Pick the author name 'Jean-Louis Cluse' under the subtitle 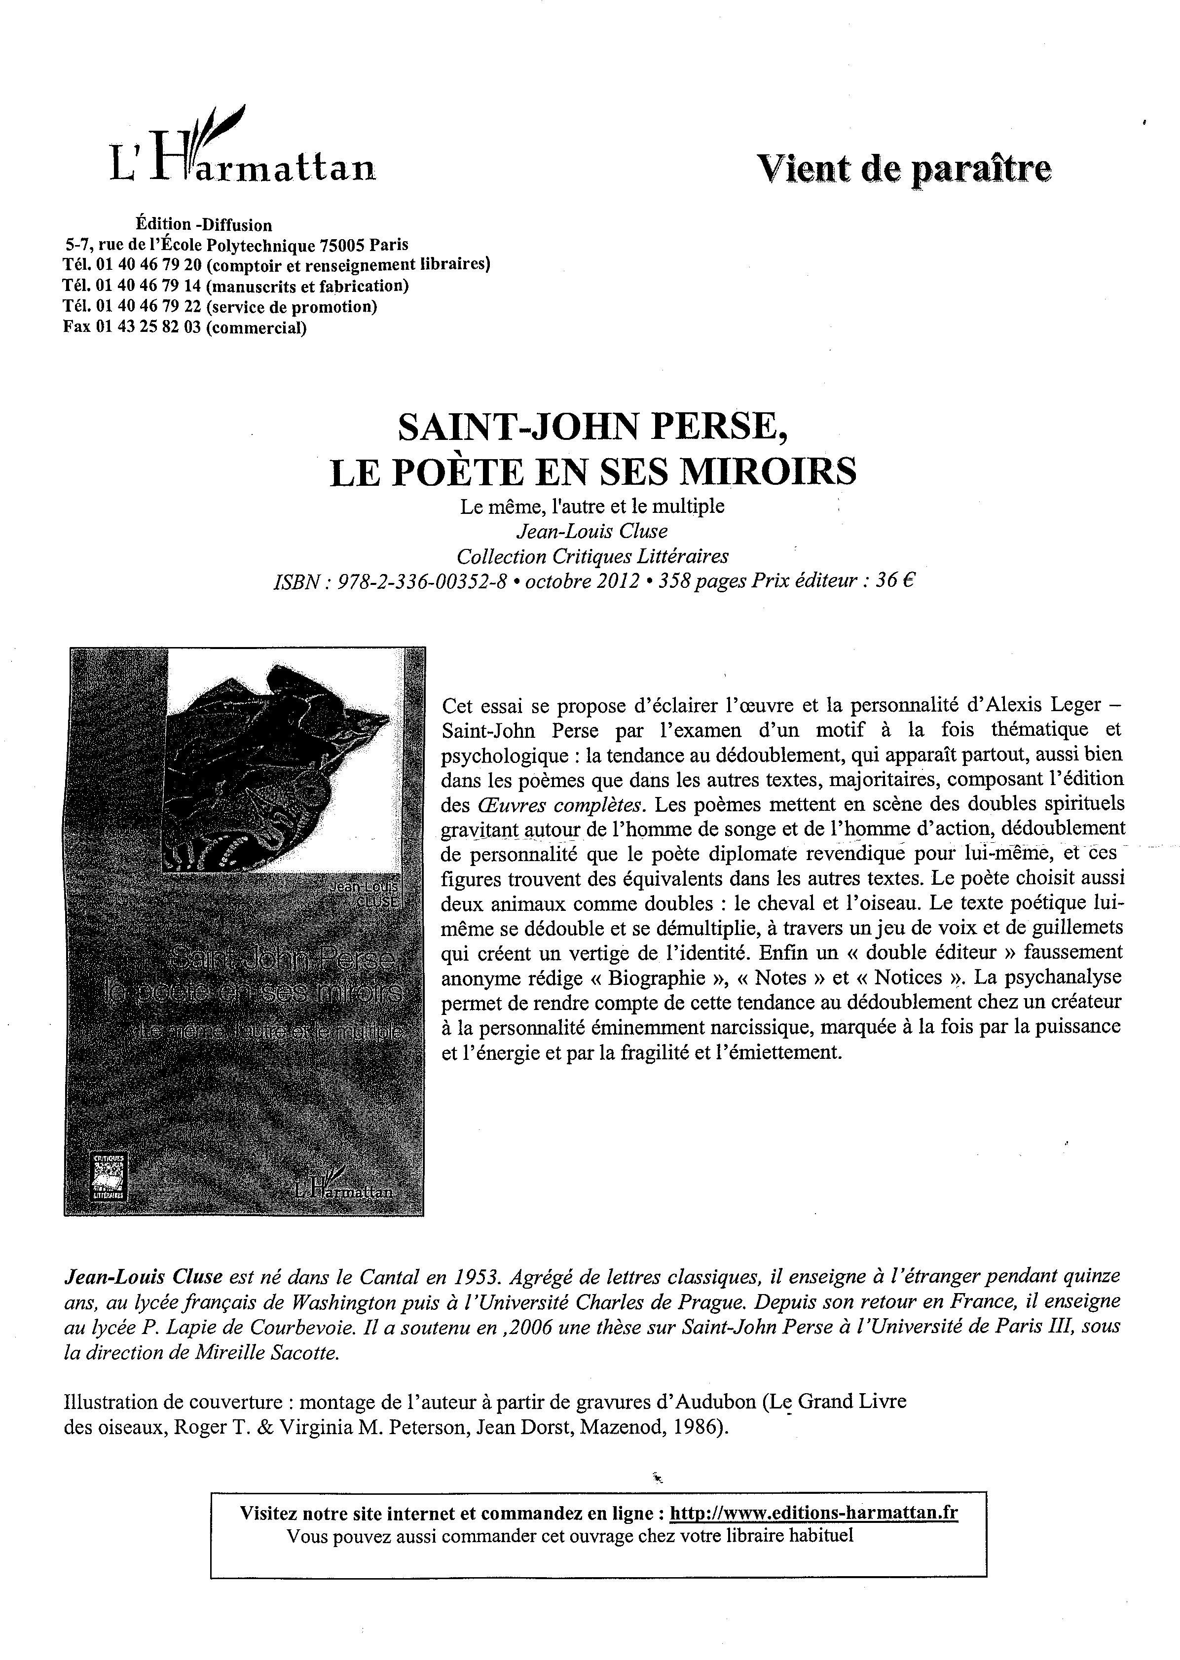tap(591, 531)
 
